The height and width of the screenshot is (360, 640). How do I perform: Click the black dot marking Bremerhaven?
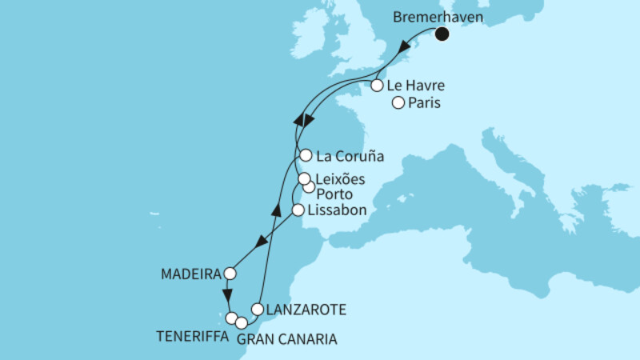442,34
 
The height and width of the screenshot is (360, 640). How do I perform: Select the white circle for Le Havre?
377,85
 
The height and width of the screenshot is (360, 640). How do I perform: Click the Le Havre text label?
416,85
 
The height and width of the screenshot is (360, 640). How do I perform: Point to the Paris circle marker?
398,102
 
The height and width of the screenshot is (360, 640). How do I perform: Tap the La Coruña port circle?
305,155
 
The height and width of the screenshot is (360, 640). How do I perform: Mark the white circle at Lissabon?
298,210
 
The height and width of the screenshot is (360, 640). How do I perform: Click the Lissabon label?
337,210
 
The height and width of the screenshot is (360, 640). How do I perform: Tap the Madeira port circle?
230,274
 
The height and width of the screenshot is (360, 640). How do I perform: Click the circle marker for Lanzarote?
258,309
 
